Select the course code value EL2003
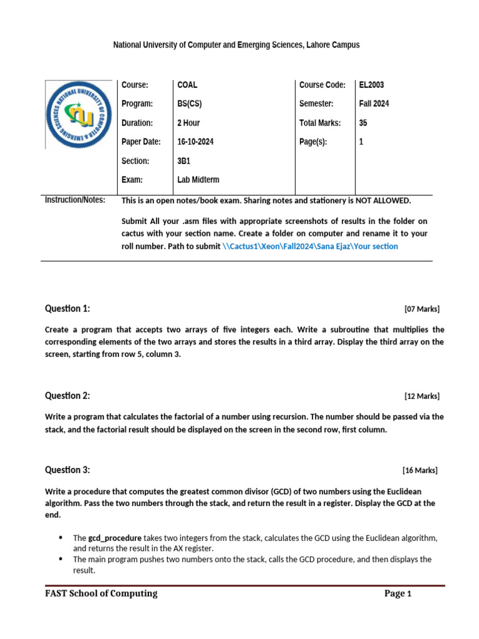[372, 85]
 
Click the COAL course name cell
[187, 85]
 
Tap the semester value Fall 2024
[374, 104]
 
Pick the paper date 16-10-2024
[195, 142]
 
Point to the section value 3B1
[185, 161]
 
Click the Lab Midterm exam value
[198, 180]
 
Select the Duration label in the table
[137, 123]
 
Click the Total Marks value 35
[363, 123]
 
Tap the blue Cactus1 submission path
[310, 246]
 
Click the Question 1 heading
[67, 308]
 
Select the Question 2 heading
[67, 396]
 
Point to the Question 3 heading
[67, 470]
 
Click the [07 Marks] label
[422, 309]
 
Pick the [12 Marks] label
[422, 396]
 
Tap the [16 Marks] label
[420, 471]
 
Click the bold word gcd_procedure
[115, 537]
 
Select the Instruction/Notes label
[75, 200]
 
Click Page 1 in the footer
[398, 593]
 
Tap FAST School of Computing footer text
[101, 593]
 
